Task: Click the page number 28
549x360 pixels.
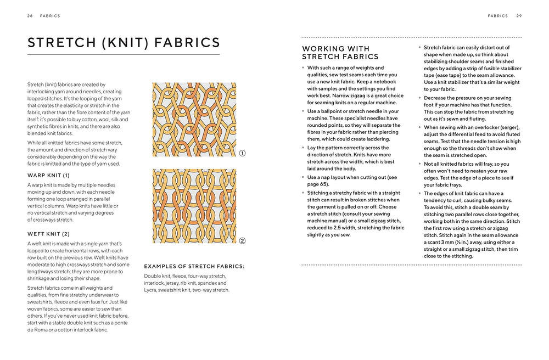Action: [x=30, y=16]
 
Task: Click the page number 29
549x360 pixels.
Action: [x=519, y=16]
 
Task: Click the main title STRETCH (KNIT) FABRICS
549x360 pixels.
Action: [x=124, y=43]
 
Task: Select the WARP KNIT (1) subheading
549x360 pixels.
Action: [x=48, y=175]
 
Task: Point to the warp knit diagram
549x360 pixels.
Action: [x=194, y=120]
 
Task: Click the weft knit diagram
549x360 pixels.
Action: [x=194, y=206]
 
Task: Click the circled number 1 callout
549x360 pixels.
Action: [x=242, y=154]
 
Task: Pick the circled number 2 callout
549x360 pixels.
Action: [x=242, y=240]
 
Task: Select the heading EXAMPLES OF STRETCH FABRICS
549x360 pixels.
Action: [x=194, y=266]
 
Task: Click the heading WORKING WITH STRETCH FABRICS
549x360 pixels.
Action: [x=340, y=53]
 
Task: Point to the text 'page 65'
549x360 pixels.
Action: [x=319, y=184]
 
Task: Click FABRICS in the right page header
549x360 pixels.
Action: [x=497, y=16]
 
